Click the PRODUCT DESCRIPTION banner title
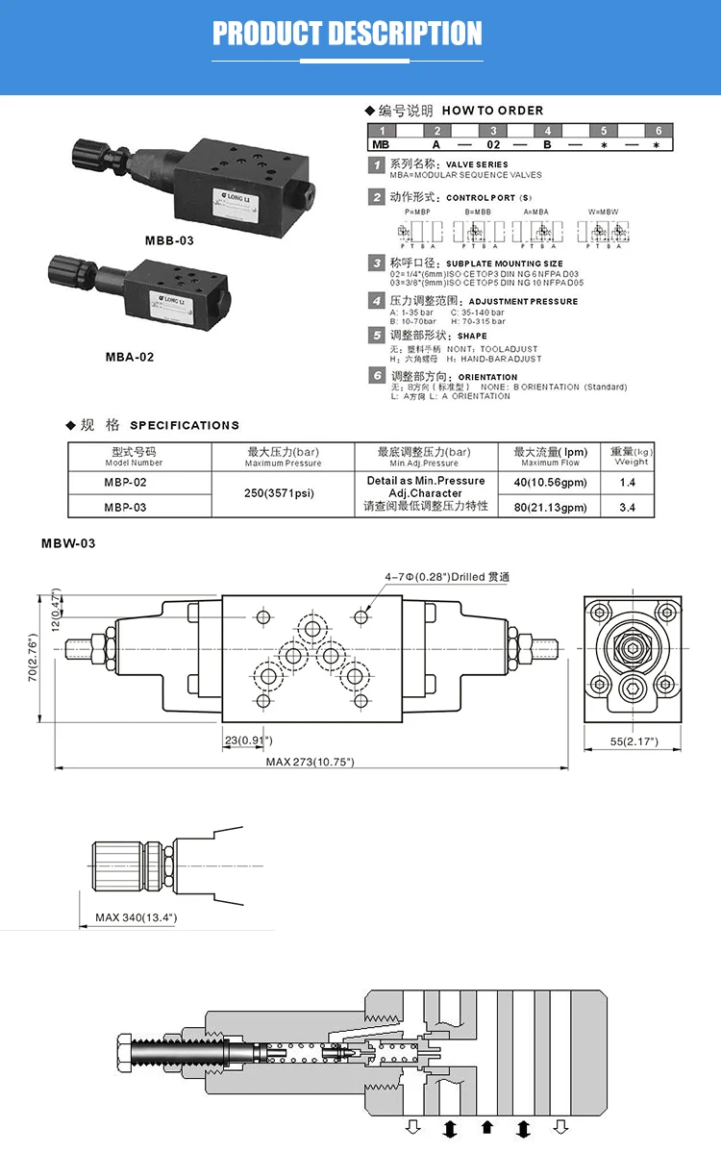(347, 35)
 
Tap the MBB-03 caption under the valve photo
(169, 240)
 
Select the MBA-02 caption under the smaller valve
(130, 357)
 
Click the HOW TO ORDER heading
(492, 111)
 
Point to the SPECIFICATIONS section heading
(184, 425)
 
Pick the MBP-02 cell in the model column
(125, 483)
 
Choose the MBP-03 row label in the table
(125, 507)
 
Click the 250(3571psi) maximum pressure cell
(283, 494)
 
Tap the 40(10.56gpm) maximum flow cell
(550, 483)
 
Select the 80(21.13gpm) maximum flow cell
(550, 507)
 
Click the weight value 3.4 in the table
(628, 507)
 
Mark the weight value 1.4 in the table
(628, 483)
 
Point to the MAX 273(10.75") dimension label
(311, 762)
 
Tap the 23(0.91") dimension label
(248, 739)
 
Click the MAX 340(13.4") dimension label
(136, 917)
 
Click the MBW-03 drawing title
(68, 544)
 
